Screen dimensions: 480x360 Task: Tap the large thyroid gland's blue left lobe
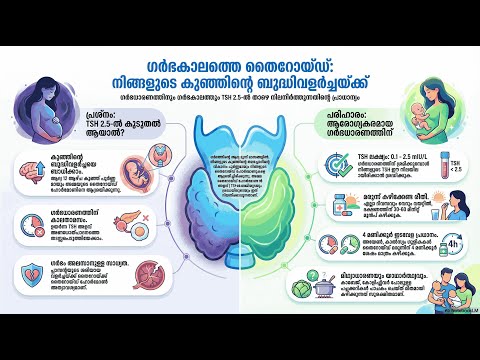pyautogui.click(x=205, y=200)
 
